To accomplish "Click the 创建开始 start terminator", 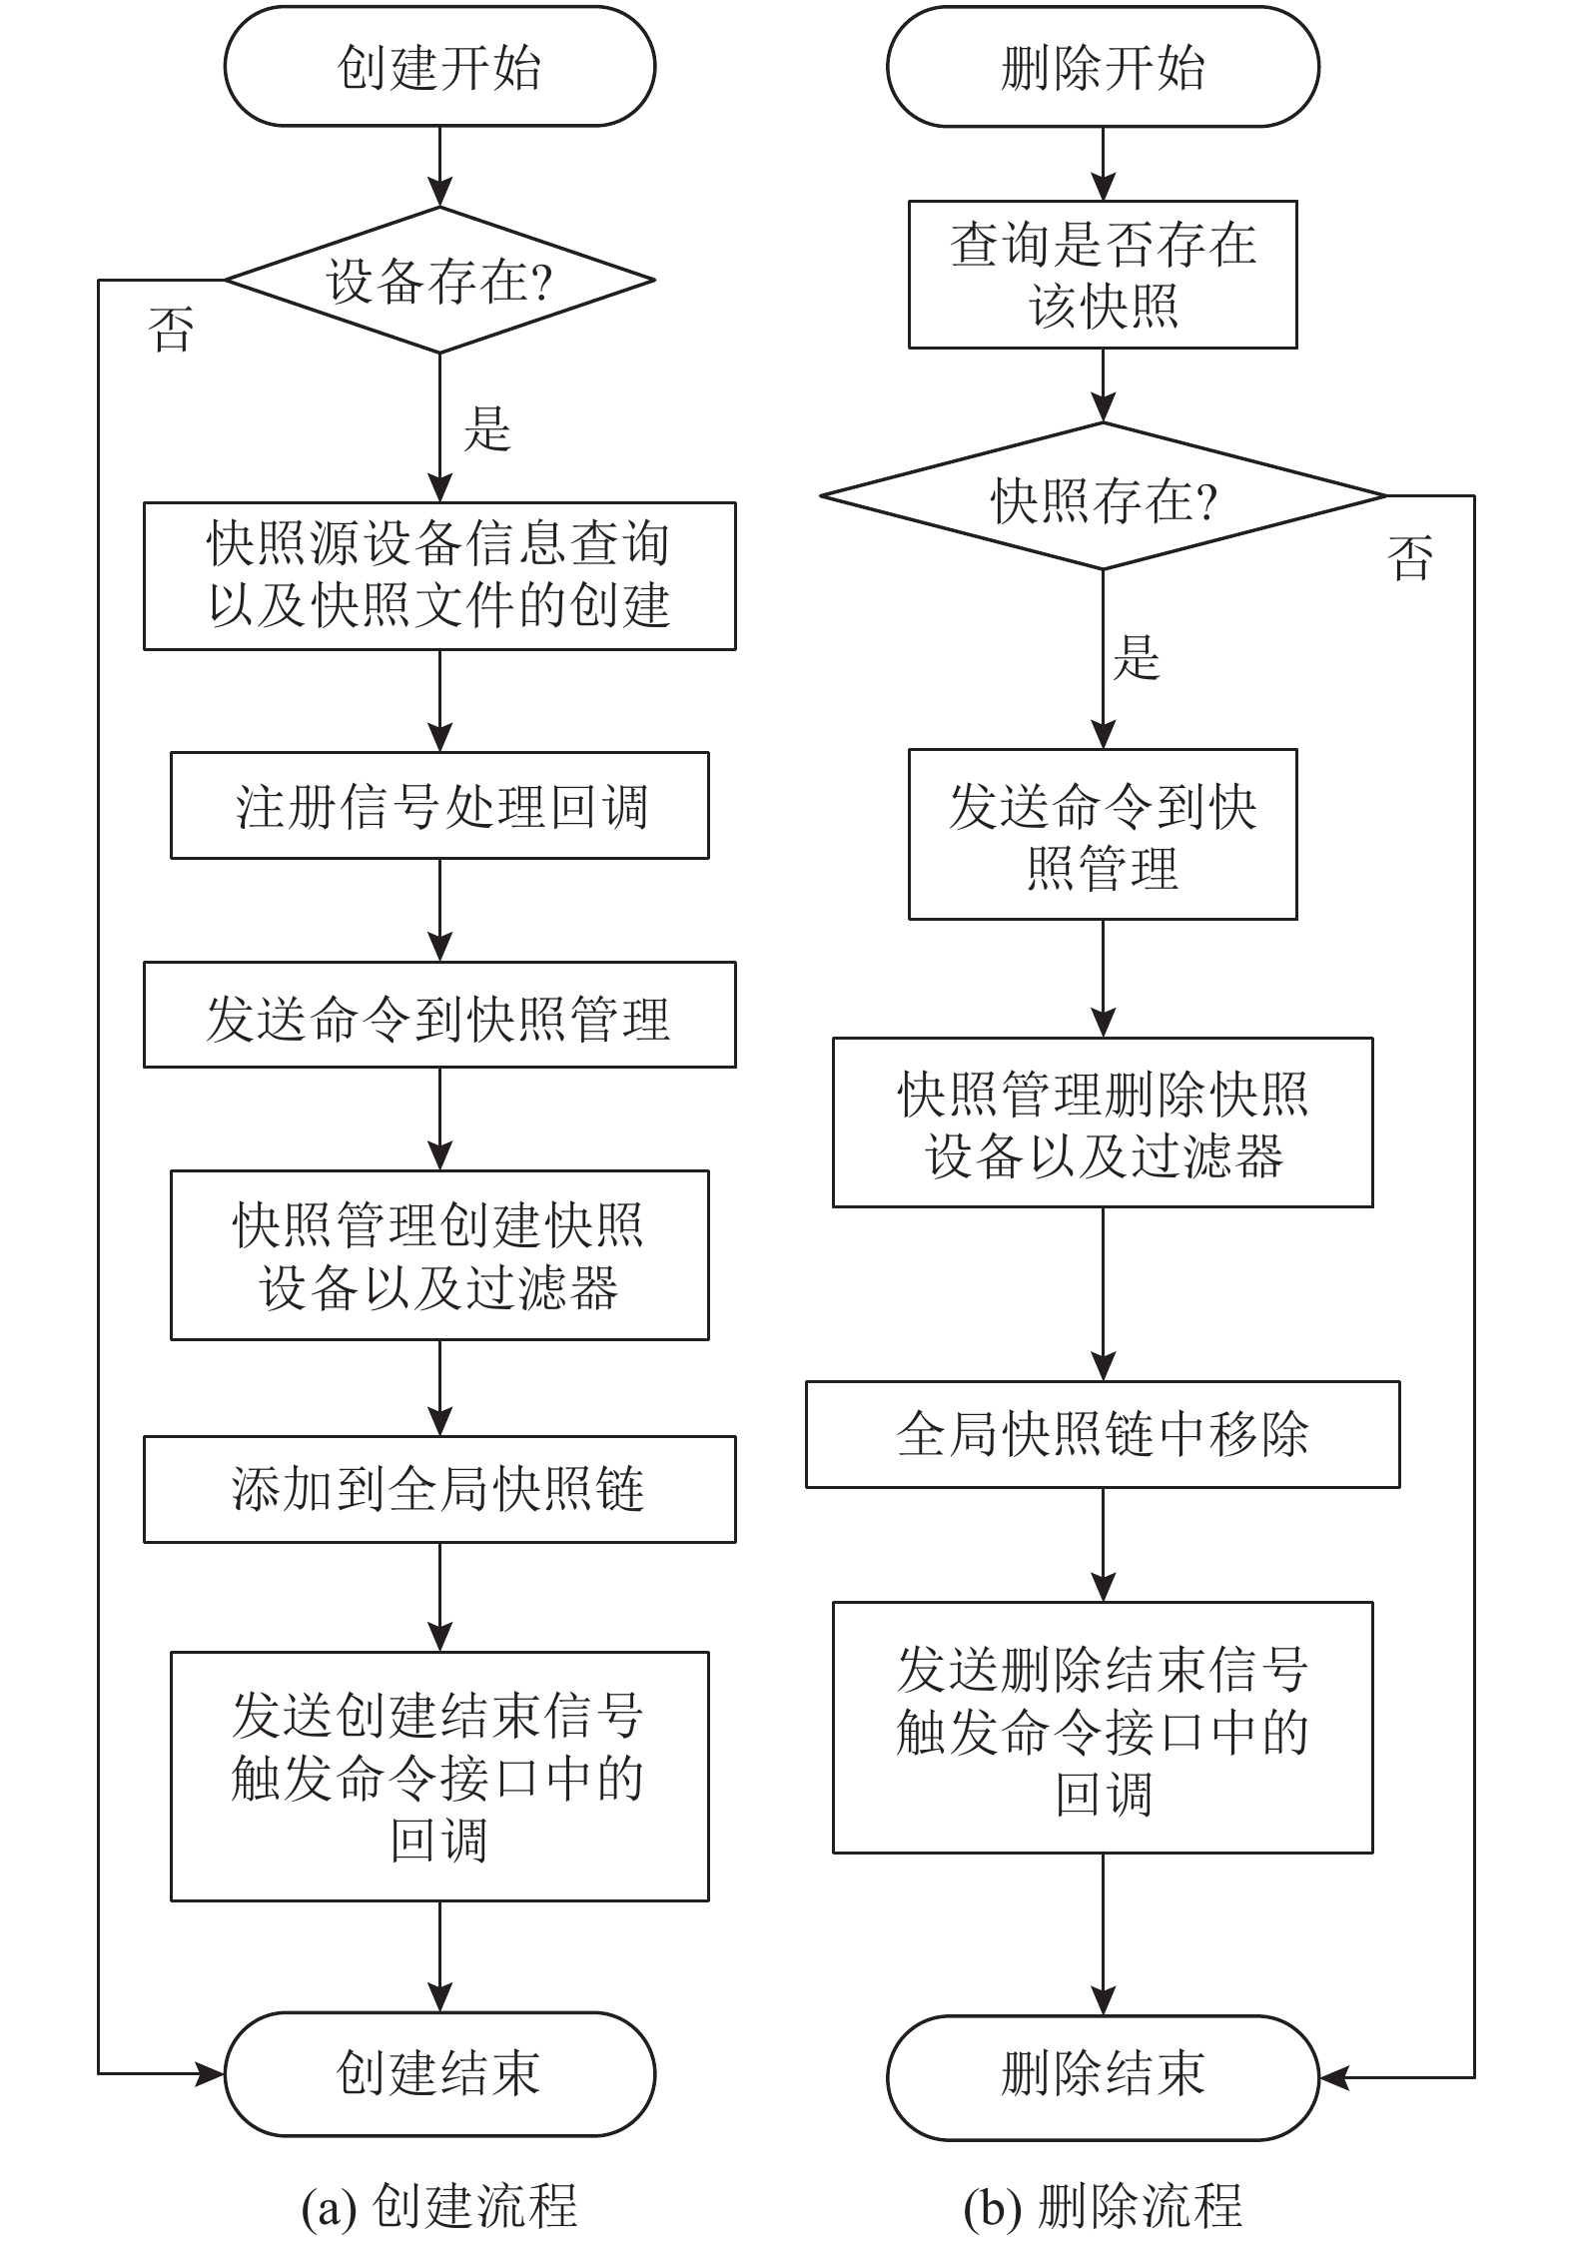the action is click(439, 67).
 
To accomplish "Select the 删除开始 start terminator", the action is click(1103, 67).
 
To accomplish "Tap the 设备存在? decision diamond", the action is click(439, 280).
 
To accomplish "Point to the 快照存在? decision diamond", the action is click(1103, 496).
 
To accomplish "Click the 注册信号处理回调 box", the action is click(439, 805).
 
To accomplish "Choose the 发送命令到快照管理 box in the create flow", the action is click(439, 1015).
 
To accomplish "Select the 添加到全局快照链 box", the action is click(439, 1489).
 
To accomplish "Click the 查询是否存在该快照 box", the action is click(1103, 275).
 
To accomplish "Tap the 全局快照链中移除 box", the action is click(1103, 1434).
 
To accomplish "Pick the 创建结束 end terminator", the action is click(439, 2074).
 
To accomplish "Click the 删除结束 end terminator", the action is click(1103, 2078).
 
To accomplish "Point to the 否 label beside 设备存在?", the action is click(172, 330).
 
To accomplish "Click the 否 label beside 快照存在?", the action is click(1410, 557).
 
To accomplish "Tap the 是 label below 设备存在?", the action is click(487, 429).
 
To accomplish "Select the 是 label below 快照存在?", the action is click(1137, 657).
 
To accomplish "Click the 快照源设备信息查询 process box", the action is click(439, 576).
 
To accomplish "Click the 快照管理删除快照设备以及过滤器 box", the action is click(1103, 1122).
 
